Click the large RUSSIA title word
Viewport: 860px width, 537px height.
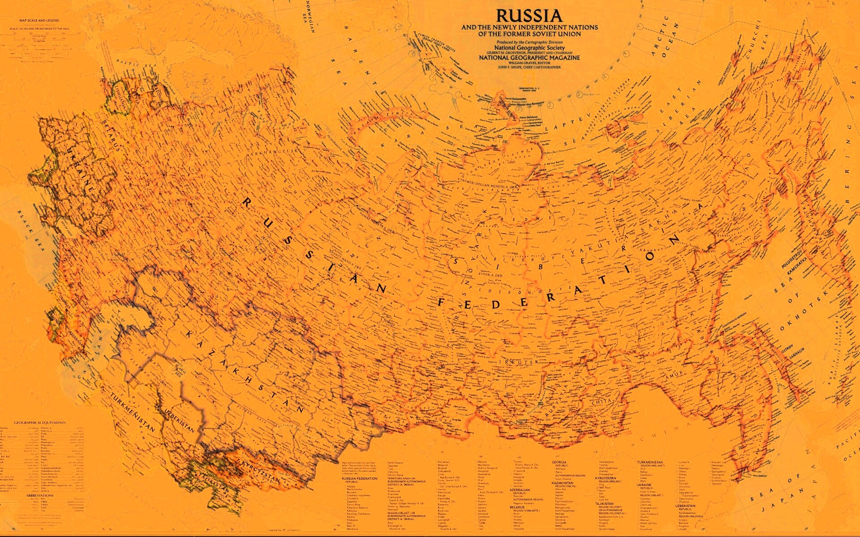coord(529,16)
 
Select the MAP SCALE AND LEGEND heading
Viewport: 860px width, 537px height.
coord(39,21)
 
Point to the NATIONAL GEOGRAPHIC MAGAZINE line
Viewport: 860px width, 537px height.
coord(529,58)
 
